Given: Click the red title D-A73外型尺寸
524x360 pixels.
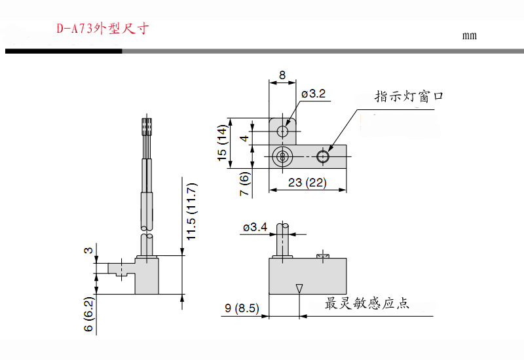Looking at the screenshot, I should pos(103,29).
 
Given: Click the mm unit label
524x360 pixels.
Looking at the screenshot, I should pos(469,35).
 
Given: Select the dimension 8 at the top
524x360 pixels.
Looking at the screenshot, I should pos(282,75).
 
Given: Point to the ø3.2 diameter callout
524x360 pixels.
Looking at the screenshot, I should pos(313,94).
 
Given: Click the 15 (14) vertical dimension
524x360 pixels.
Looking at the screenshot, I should pos(222,143).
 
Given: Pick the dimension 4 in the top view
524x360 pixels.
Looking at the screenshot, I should pos(242,138).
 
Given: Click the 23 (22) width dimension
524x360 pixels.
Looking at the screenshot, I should pos(307,183).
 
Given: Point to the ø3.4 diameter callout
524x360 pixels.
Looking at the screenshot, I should pos(255,227).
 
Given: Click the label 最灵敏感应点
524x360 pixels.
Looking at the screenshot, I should pos(367,304).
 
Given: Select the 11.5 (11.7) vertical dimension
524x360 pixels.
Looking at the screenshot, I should pos(191,211).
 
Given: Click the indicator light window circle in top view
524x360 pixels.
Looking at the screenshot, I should pos(322,156).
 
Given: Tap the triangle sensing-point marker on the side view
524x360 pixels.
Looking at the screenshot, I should pos(299,288).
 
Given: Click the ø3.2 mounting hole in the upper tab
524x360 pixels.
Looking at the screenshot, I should pos(282,132).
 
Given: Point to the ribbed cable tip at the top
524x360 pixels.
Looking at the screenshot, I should pos(147,126).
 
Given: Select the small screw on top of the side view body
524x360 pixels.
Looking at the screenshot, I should pos(321,255).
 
